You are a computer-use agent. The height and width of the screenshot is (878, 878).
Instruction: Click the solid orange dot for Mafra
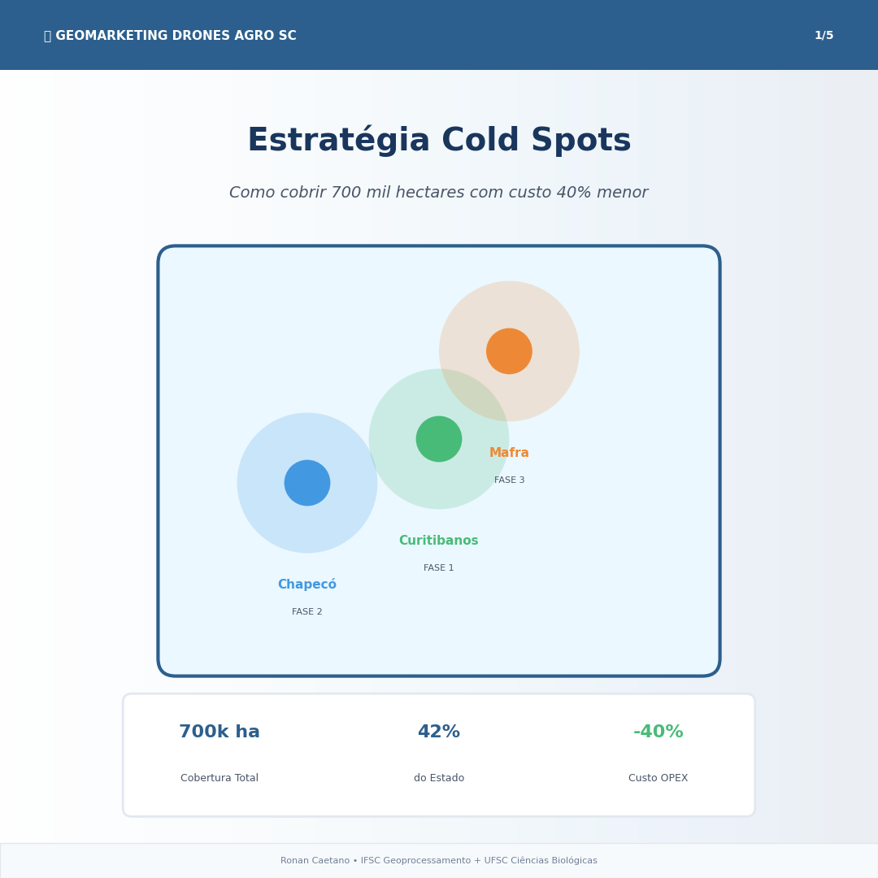point(509,351)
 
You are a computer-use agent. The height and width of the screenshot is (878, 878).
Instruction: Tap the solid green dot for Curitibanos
point(439,439)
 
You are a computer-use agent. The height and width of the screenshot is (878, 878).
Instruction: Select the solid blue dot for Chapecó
point(307,483)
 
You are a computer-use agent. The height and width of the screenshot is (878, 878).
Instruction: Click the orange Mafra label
point(509,453)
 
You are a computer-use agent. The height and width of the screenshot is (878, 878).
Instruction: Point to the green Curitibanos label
point(438,541)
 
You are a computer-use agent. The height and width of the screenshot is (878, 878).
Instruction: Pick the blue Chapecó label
point(307,584)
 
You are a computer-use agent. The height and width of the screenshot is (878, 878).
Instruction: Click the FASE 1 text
point(438,567)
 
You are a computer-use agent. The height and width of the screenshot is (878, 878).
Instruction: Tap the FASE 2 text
point(306,611)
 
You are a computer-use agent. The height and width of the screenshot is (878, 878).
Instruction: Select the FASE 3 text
point(509,480)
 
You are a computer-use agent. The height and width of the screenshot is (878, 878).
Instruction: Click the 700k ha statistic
point(219,732)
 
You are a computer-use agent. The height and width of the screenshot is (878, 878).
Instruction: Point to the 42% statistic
point(439,732)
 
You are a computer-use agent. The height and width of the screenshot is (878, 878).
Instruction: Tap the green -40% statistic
point(658,732)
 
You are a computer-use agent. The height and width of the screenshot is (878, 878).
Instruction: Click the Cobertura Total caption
point(219,778)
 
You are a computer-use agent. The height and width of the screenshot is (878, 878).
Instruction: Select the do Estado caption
point(439,778)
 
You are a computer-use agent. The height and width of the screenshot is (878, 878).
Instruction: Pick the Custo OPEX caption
point(658,778)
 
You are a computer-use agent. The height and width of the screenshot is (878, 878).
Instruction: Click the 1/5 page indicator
point(824,35)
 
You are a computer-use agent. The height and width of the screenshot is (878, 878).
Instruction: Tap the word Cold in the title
point(480,140)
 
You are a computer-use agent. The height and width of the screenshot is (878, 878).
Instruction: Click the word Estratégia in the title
point(339,140)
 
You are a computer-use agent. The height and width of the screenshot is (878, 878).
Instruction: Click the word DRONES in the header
point(201,35)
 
